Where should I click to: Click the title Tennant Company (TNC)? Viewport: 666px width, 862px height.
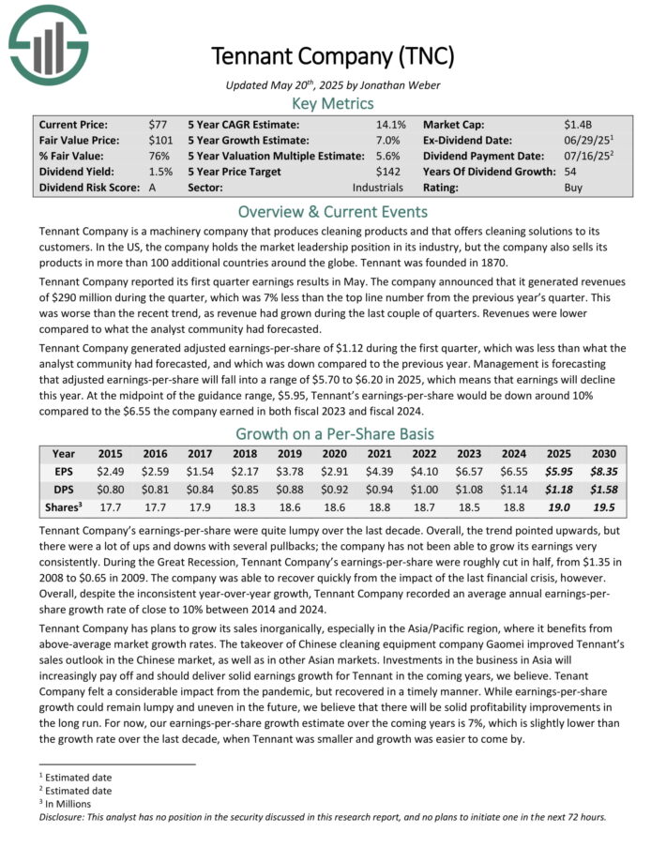[x=333, y=56]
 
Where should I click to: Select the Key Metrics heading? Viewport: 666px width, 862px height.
[x=333, y=103]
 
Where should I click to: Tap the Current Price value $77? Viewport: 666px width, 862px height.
[x=158, y=124]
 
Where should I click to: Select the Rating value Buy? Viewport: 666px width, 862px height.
[x=572, y=188]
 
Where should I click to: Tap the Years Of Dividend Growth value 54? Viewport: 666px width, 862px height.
[x=569, y=172]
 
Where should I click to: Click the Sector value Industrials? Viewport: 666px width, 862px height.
[x=377, y=188]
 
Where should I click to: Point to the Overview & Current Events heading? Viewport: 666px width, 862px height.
[x=333, y=211]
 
